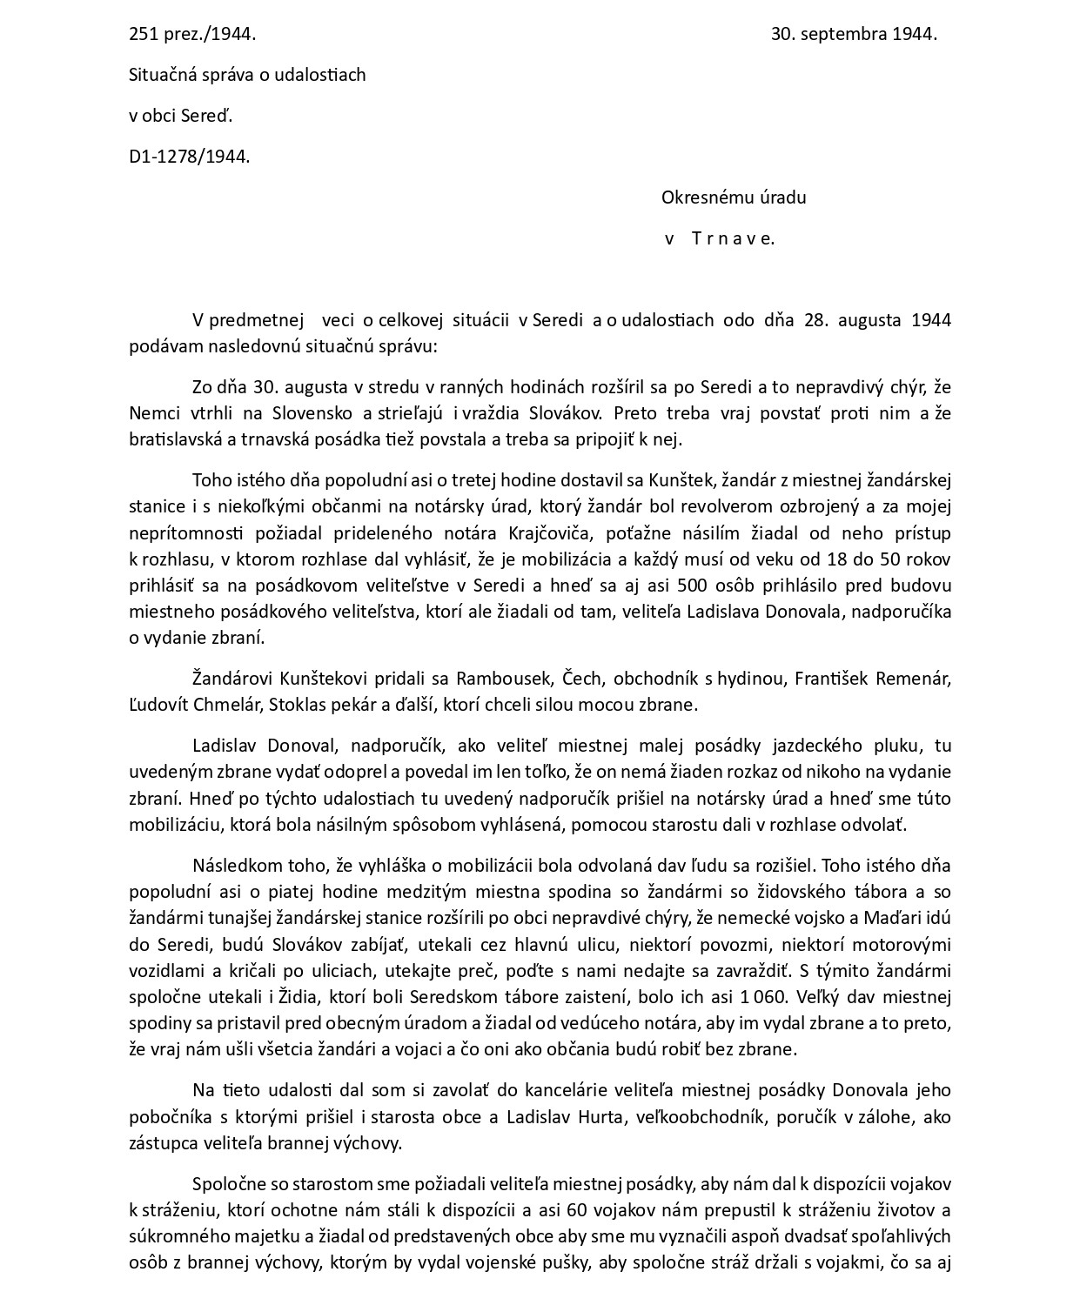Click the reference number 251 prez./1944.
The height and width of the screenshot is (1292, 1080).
pos(192,35)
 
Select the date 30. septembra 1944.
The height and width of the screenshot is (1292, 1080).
pos(853,35)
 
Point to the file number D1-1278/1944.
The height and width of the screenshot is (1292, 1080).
pos(189,157)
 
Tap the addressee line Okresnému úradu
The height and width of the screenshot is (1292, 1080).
pos(733,197)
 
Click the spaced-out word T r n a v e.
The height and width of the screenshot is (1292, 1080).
pos(732,238)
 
